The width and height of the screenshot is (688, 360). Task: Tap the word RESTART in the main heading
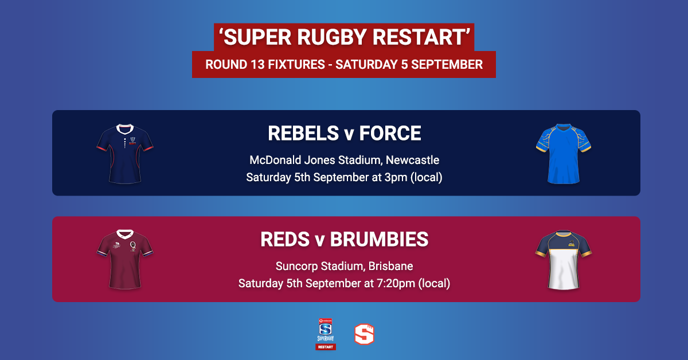pos(419,37)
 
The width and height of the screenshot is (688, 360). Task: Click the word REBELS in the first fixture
pos(303,134)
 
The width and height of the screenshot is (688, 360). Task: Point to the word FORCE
pos(390,134)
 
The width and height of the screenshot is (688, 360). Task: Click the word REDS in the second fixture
pos(285,239)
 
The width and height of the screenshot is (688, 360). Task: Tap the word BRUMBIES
pos(379,239)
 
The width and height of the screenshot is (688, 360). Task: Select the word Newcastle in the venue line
pos(412,160)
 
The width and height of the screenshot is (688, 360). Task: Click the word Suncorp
pos(297,266)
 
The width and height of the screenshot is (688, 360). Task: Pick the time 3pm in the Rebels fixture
pos(396,178)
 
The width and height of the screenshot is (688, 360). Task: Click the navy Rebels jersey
pos(125,154)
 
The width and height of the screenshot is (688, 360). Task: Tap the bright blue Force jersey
pos(564,154)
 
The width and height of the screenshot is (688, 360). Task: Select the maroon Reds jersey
pos(125,260)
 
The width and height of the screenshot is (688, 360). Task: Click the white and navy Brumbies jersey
pos(564,260)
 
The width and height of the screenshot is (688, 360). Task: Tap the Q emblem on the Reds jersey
pos(133,246)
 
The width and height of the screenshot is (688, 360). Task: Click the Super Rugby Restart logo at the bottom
pos(326,334)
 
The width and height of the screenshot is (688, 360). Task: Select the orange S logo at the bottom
pos(364,334)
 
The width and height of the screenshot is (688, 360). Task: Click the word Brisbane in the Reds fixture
pos(390,266)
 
